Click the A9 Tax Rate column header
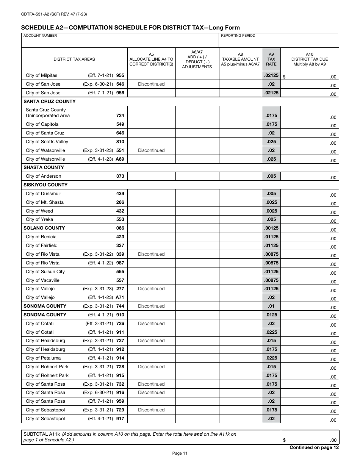[x=271, y=59]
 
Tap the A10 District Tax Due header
[x=309, y=59]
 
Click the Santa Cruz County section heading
[x=49, y=102]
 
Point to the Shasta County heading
[x=44, y=167]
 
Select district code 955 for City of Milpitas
[x=120, y=75]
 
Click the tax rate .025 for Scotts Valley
[x=271, y=142]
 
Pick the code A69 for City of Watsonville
[x=120, y=159]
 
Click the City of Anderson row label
[x=43, y=176]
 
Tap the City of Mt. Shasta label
[x=45, y=202]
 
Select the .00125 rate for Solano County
[x=271, y=228]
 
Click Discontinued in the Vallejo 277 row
[x=151, y=289]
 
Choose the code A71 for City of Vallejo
[x=120, y=297]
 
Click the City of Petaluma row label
[x=43, y=358]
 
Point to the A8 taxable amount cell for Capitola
[x=240, y=124]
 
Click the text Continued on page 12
[x=314, y=447]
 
